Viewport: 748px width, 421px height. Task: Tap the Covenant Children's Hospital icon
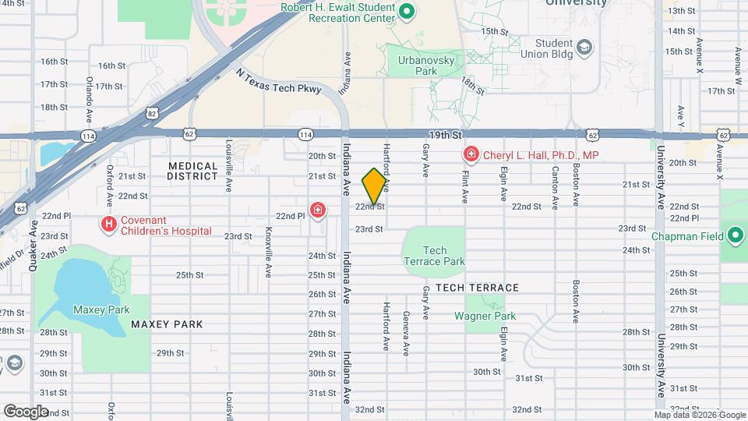(x=109, y=225)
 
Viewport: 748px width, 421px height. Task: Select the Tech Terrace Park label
(x=434, y=256)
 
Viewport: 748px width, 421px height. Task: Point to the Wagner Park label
(x=485, y=317)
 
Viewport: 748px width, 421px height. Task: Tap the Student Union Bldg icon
(x=584, y=48)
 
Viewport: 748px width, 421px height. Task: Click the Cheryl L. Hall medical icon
(x=471, y=155)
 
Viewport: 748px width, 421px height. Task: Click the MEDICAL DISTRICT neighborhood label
(x=192, y=171)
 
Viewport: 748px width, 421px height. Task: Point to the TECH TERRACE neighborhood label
(x=477, y=288)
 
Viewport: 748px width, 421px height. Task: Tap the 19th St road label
(x=446, y=135)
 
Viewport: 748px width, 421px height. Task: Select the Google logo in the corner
(x=26, y=411)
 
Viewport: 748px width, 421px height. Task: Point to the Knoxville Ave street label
(x=268, y=242)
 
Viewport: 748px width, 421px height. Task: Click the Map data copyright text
(x=699, y=415)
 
